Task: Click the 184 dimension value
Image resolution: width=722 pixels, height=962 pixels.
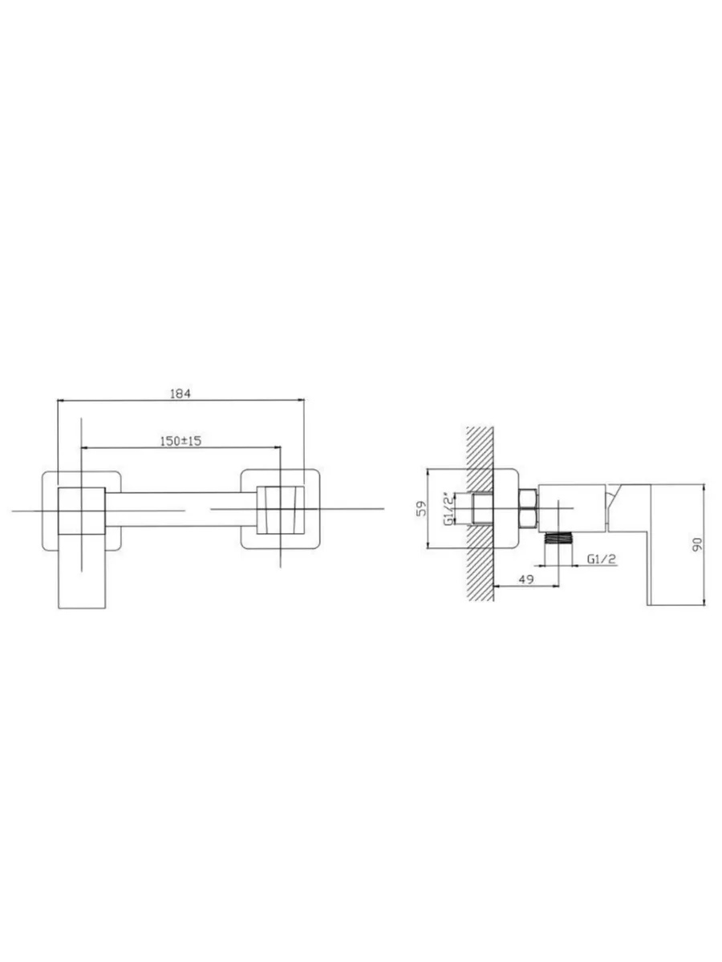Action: coord(180,394)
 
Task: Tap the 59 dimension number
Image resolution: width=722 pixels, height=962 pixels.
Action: coord(421,508)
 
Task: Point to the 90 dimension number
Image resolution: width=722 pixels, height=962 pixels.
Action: coord(698,544)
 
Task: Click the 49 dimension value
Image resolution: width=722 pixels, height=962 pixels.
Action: coord(526,579)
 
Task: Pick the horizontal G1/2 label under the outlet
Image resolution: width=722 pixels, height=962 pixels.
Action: coord(602,559)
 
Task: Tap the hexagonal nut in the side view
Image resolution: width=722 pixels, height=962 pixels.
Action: coord(528,508)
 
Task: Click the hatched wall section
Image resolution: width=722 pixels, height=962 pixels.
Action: coord(480,514)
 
